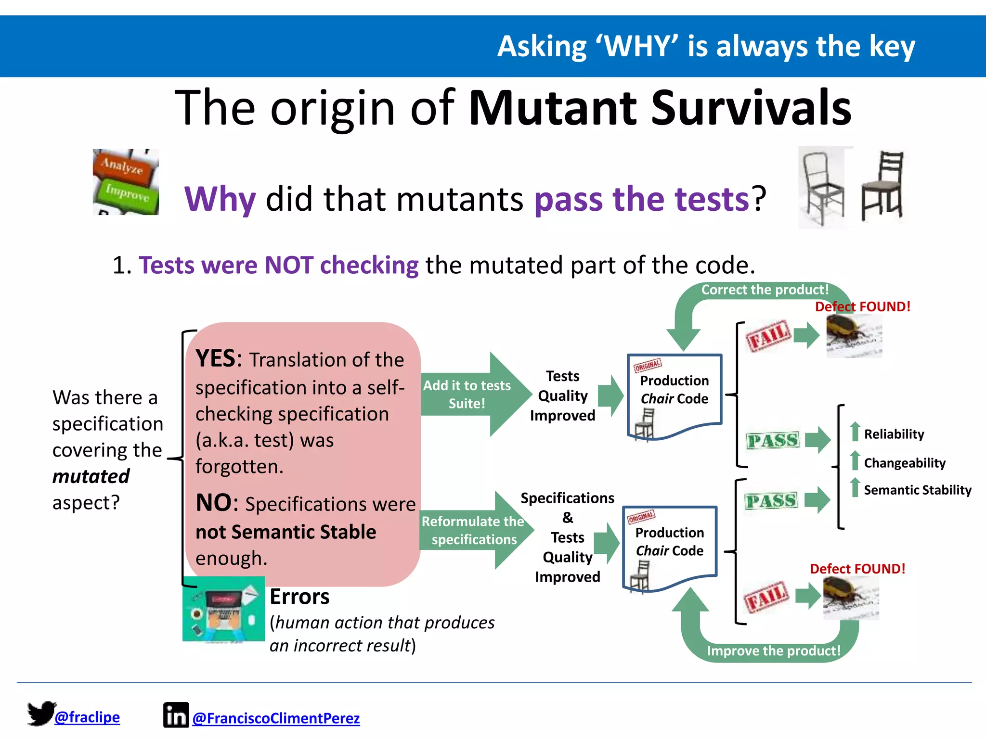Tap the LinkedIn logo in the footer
coord(176,715)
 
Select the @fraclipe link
coord(87,717)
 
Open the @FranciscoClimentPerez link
coord(276,718)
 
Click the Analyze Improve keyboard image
coord(126,182)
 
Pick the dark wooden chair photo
coord(882,185)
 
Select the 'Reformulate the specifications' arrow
coord(474,530)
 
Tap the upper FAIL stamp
coord(768,335)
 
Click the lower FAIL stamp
coord(766,597)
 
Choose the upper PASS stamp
coord(773,440)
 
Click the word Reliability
coord(894,434)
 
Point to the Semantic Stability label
coord(917,490)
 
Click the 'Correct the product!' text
coord(765,290)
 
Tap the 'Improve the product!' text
coord(773,650)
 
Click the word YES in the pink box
coord(215,359)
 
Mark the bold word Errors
coord(299,597)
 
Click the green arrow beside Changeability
coord(855,460)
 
